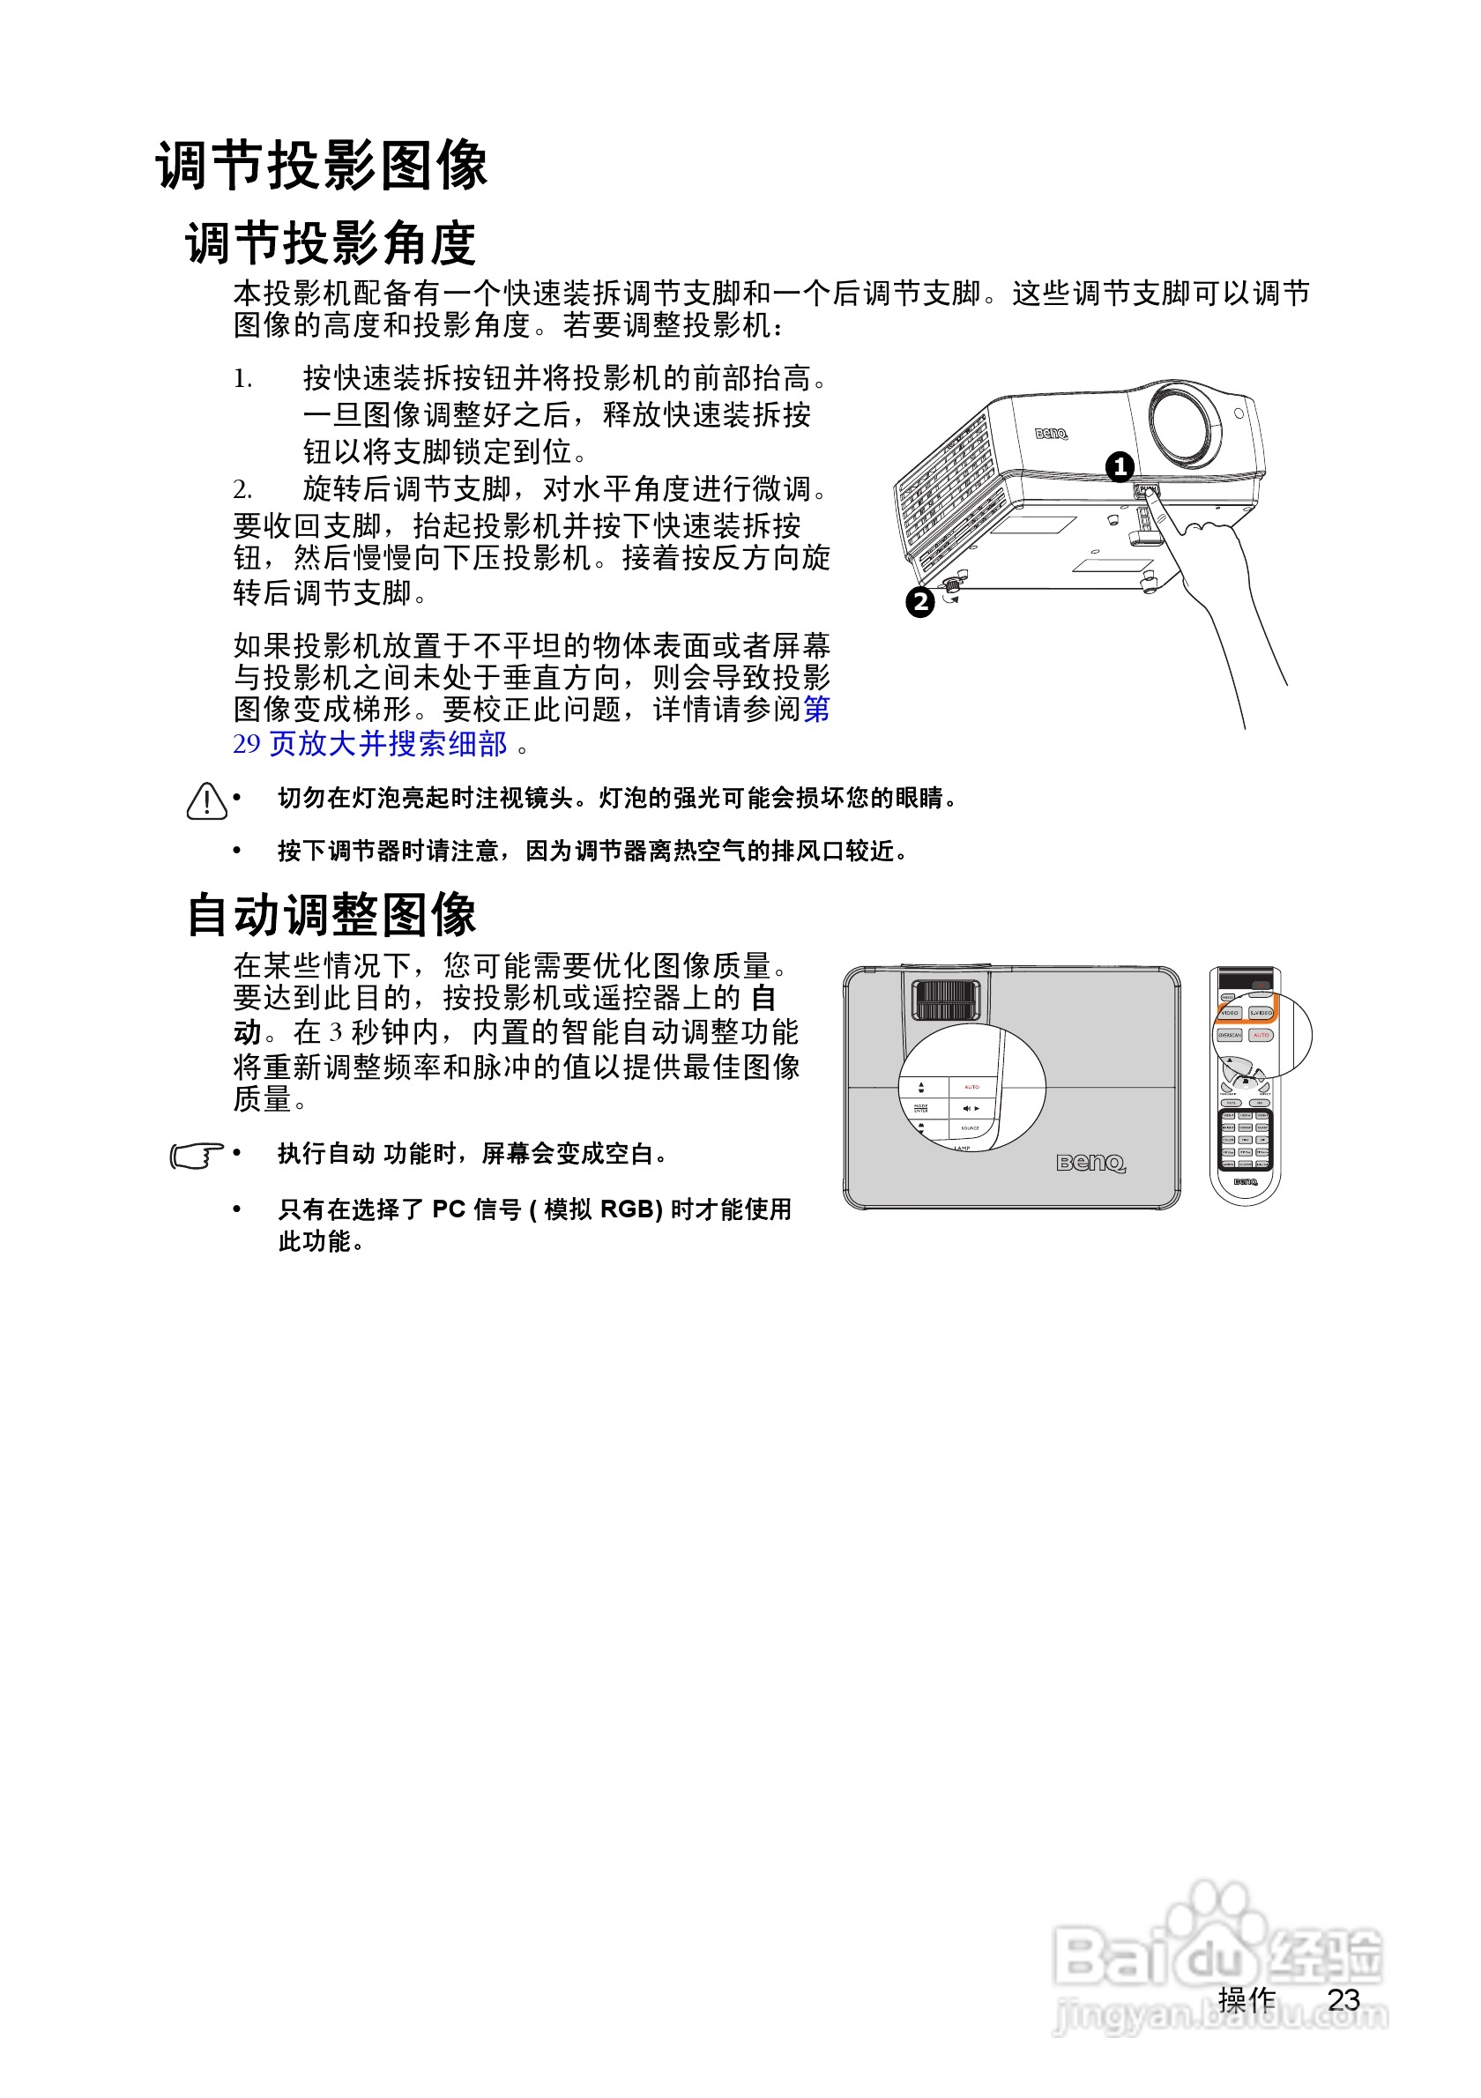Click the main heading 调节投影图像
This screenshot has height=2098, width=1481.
[x=322, y=166]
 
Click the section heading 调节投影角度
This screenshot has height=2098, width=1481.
[x=331, y=243]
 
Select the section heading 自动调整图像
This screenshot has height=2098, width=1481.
[x=331, y=915]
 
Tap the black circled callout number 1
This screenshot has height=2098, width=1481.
[x=1120, y=467]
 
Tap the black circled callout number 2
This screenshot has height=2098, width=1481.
[x=920, y=602]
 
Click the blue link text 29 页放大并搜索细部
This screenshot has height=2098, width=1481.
[x=370, y=744]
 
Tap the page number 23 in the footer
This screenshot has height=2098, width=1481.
[x=1343, y=1999]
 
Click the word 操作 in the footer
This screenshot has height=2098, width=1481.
[x=1247, y=1999]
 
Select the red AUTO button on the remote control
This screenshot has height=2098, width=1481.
[x=1261, y=1035]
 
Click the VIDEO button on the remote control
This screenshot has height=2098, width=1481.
[x=1230, y=1013]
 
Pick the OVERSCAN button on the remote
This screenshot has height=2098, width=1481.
[x=1230, y=1035]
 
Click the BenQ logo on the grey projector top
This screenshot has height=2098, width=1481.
[x=1090, y=1163]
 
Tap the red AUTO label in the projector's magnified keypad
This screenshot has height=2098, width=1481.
[x=971, y=1086]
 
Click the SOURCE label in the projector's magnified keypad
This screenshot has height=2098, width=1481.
[x=970, y=1128]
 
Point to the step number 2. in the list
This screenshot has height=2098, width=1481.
[x=242, y=490]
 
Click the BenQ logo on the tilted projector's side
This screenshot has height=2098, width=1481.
[x=1051, y=433]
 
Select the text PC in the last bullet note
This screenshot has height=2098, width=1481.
[x=449, y=1209]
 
